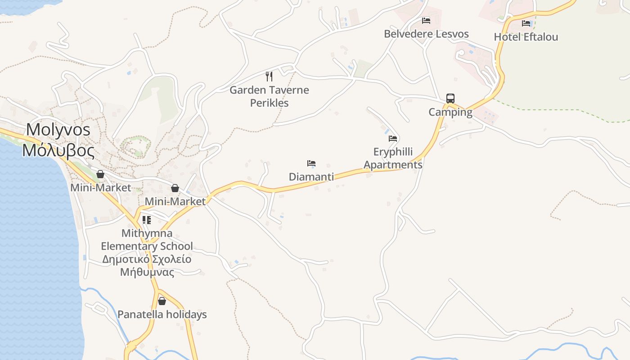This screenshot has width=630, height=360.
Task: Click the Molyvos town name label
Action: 58,130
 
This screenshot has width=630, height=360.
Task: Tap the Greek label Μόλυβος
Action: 58,150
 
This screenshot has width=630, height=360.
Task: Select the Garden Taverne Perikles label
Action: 269,96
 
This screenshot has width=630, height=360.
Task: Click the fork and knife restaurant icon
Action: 269,76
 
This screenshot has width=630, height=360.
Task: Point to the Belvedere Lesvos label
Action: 426,34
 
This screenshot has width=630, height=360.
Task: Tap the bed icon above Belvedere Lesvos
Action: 426,21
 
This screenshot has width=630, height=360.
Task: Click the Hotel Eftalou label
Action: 526,37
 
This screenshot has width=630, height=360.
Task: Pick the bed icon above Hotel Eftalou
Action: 526,23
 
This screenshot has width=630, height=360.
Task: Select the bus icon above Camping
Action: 450,99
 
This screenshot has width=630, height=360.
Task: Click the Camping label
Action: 450,112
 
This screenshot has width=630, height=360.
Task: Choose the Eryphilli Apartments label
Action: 393,158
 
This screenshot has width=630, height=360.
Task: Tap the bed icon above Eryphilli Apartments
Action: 393,139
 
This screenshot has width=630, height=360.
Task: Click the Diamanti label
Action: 311,177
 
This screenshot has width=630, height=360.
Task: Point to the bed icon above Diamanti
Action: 311,163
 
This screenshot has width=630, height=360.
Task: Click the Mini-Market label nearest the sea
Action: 100,188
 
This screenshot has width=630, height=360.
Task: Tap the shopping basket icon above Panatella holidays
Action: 162,301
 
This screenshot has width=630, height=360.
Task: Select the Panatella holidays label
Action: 162,315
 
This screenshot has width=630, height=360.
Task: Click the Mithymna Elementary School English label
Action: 147,240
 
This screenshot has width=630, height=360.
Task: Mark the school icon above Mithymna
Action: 147,220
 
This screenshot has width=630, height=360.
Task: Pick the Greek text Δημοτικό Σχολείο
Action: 147,260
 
